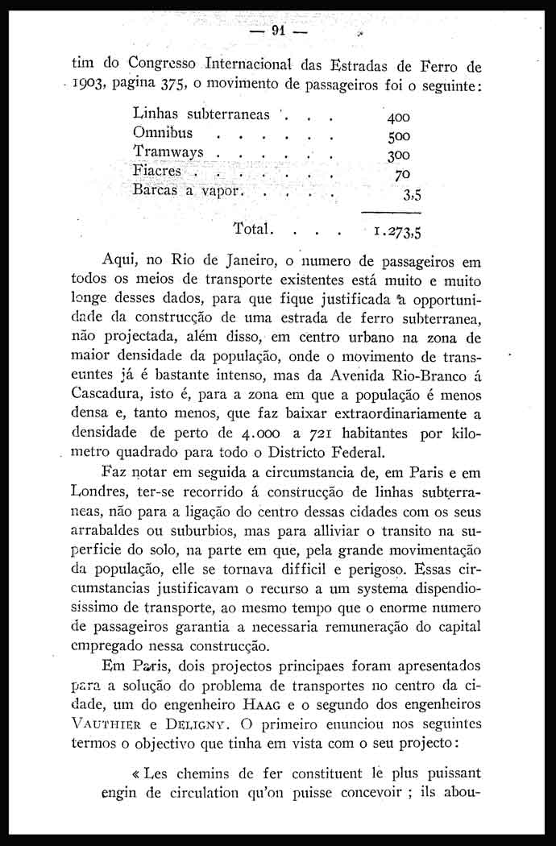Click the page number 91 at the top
tap(280, 31)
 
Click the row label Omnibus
tap(164, 132)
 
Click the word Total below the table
tap(254, 228)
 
